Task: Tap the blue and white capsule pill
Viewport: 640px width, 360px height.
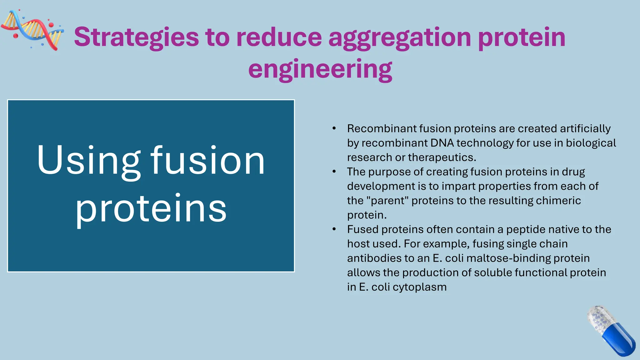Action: [611, 331]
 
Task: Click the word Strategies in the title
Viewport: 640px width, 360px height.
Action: [136, 37]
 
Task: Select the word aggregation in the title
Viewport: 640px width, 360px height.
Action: [400, 37]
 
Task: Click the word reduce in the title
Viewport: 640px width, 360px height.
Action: [279, 37]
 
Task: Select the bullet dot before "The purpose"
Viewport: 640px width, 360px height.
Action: [334, 172]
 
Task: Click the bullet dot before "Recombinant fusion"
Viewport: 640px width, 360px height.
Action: [334, 128]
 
